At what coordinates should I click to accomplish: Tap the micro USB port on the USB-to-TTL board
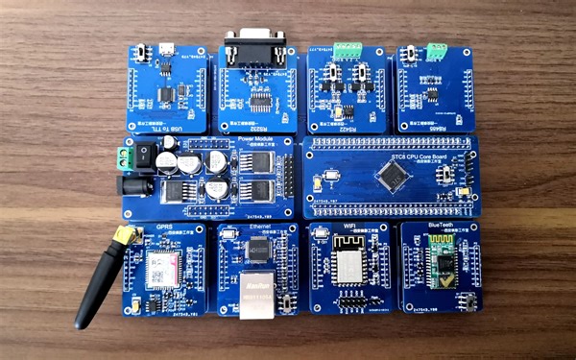click(167, 49)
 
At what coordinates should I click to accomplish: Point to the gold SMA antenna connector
click(122, 235)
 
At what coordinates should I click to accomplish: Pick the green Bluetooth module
click(442, 264)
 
